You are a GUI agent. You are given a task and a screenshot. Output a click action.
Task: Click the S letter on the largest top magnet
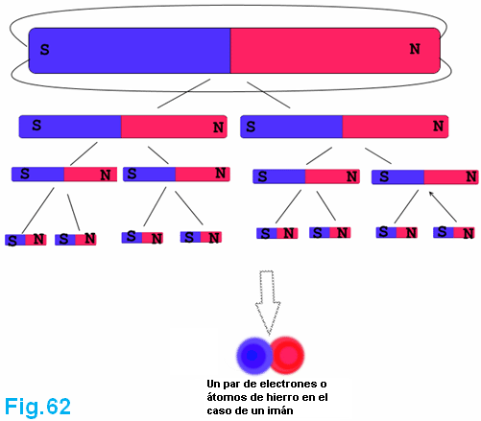[x=45, y=50]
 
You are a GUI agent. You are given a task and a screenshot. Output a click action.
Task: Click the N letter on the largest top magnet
[x=415, y=49]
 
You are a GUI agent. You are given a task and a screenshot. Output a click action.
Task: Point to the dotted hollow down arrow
[x=268, y=302]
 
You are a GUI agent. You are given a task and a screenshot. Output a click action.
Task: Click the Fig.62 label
[x=37, y=408]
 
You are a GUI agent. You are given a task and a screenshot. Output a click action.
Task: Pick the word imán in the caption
[x=281, y=410]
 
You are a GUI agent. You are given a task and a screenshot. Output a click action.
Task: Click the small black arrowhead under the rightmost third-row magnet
[x=432, y=194]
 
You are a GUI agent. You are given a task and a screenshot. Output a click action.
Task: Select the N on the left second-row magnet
[x=218, y=128]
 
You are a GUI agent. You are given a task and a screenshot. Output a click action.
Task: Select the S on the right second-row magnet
[x=251, y=127]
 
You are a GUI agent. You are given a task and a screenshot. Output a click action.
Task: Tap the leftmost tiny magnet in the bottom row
[x=26, y=240]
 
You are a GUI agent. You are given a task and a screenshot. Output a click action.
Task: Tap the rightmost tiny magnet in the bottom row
[x=454, y=232]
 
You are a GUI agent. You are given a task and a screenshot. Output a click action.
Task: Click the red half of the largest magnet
[x=335, y=51]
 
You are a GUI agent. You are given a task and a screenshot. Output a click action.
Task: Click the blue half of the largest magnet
[x=130, y=51]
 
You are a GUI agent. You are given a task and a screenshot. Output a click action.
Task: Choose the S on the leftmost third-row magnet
[x=25, y=174]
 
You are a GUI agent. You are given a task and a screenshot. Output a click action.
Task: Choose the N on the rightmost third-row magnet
[x=471, y=176]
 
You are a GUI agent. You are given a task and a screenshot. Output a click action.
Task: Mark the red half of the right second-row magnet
[x=396, y=127]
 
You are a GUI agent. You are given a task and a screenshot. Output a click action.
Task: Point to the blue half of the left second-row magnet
[x=70, y=127]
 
